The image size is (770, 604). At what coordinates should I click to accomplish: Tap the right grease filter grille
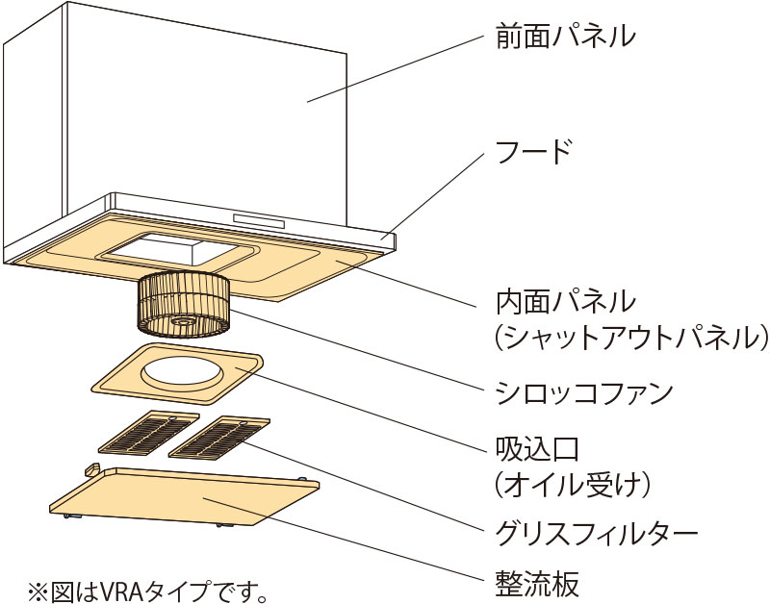[218, 439]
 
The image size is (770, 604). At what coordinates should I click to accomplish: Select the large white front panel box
[173, 106]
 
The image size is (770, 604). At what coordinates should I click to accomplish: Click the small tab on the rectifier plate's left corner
[93, 469]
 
